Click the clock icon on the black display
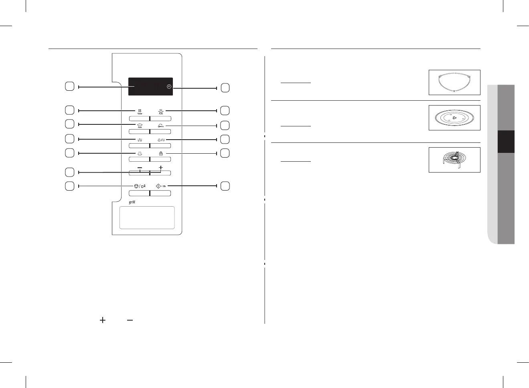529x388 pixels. click(x=169, y=87)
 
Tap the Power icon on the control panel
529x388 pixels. click(x=140, y=111)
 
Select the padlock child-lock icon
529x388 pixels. click(x=161, y=153)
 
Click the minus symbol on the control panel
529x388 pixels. click(x=140, y=167)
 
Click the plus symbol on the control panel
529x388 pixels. click(x=161, y=167)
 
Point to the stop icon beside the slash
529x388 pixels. click(x=136, y=186)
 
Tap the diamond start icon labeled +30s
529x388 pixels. click(x=158, y=186)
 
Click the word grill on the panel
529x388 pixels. click(x=132, y=202)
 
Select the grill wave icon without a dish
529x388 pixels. click(x=140, y=140)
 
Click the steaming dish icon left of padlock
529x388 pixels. click(x=140, y=153)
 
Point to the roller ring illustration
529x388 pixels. click(x=454, y=83)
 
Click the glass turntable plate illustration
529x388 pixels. click(x=454, y=118)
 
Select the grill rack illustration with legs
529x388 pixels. click(x=454, y=160)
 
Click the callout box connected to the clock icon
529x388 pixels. click(x=225, y=88)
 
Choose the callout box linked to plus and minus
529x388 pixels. click(x=69, y=172)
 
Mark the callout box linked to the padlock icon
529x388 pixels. click(x=225, y=153)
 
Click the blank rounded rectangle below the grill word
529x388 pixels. click(x=147, y=217)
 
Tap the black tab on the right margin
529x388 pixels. click(x=506, y=142)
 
